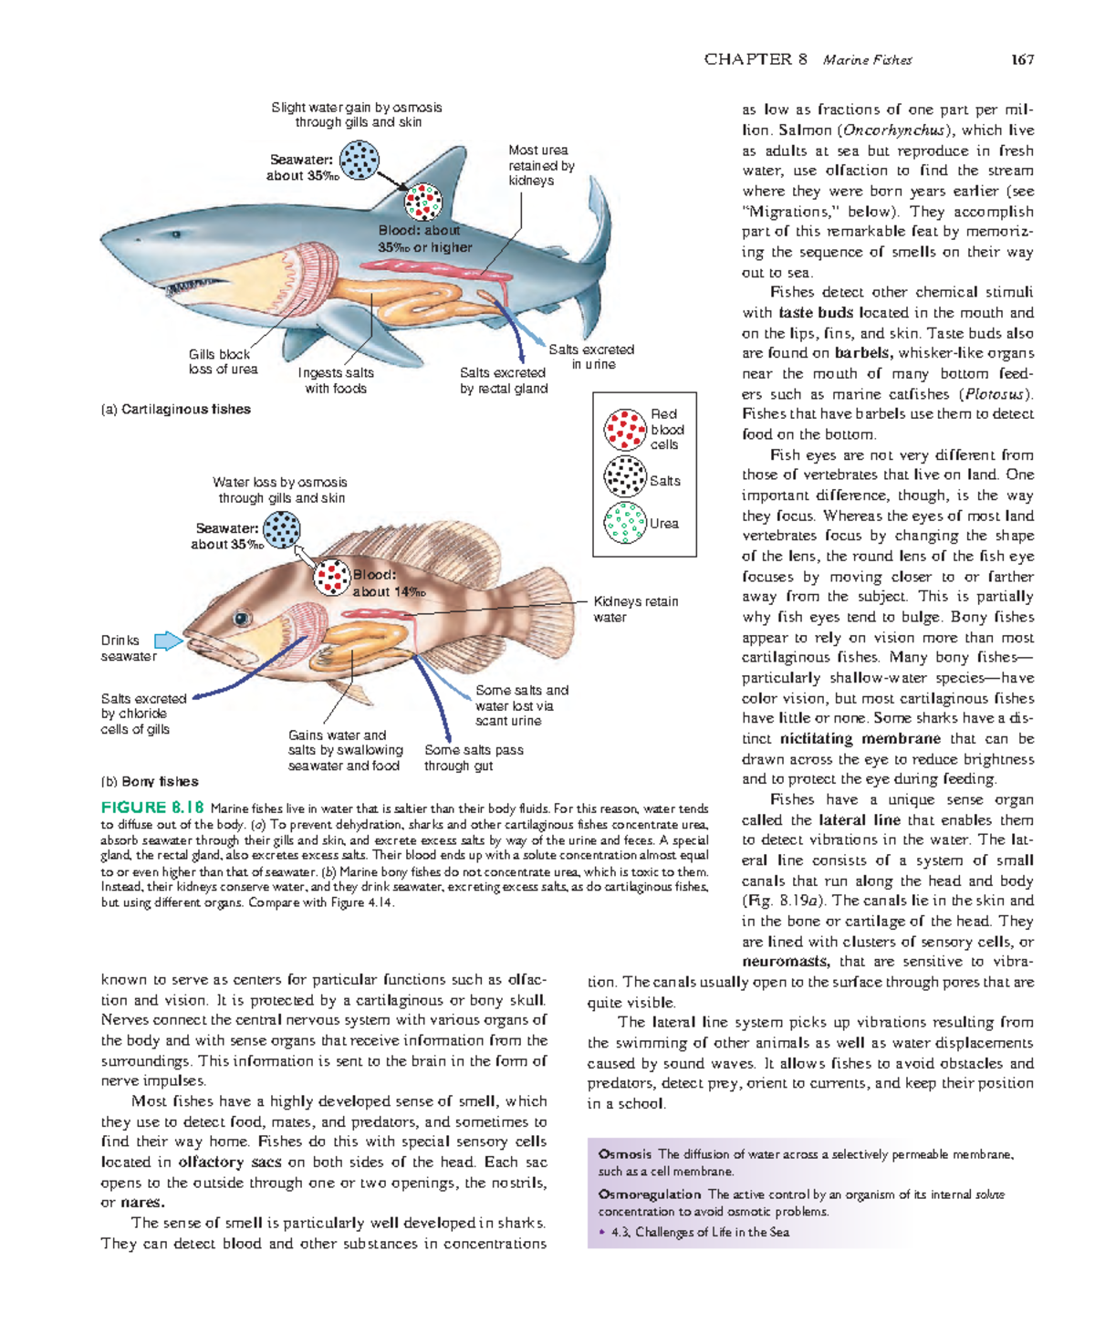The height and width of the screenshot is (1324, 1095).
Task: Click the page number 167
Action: (1022, 60)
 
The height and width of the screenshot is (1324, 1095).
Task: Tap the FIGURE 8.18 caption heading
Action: (152, 808)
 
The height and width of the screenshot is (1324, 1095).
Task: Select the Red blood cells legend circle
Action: (625, 430)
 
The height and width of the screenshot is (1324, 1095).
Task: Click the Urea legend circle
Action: (625, 523)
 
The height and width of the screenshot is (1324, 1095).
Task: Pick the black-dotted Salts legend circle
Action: (625, 476)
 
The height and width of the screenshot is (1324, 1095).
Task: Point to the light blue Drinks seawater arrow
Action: (169, 641)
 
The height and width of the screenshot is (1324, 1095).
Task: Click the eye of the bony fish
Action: (242, 619)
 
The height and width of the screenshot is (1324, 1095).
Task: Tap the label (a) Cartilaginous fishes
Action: (175, 409)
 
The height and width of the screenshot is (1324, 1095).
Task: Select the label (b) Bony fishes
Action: (150, 781)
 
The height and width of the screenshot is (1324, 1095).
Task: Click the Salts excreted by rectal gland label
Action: (504, 381)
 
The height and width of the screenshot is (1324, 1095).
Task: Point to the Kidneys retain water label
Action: (635, 609)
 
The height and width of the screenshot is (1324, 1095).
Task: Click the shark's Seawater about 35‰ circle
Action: (360, 160)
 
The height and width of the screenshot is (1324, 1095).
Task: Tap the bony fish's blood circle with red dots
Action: (331, 577)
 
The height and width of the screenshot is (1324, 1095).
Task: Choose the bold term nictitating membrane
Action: (860, 738)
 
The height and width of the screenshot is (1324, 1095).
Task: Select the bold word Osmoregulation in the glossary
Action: (650, 1194)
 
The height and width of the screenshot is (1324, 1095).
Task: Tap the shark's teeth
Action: (196, 287)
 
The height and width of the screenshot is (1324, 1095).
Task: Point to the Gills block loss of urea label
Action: (223, 361)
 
